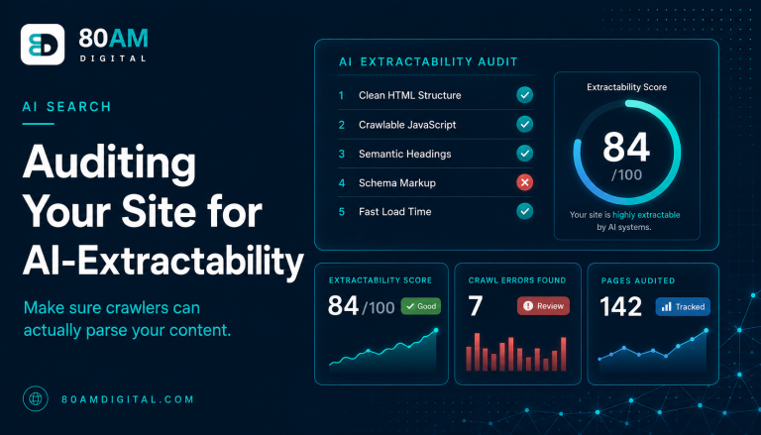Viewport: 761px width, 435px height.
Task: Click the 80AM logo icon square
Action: tap(43, 45)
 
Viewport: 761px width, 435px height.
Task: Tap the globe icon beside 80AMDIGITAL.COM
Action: tap(36, 398)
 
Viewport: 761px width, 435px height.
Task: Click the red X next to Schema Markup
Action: tap(524, 182)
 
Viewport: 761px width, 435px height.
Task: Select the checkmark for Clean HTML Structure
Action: tap(524, 95)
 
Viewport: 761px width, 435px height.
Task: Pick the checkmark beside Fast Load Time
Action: tap(524, 211)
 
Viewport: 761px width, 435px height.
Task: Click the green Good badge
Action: tap(421, 306)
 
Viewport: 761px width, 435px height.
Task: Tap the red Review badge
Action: tap(543, 306)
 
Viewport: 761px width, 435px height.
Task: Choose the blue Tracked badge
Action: tap(683, 307)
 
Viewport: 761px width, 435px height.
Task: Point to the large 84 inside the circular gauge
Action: tap(626, 147)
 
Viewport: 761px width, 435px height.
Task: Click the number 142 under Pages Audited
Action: tap(620, 307)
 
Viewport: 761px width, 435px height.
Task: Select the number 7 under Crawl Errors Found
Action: tap(476, 306)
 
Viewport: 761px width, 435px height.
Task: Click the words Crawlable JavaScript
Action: tap(407, 125)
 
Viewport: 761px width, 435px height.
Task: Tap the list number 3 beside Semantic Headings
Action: tap(342, 154)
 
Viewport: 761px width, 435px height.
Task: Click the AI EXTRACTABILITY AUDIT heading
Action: tap(428, 61)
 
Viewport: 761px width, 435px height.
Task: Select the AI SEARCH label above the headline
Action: tap(67, 107)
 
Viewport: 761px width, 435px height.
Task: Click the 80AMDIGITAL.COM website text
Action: tap(128, 399)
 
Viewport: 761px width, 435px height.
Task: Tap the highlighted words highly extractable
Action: tap(646, 215)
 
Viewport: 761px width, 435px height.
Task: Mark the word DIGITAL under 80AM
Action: tap(113, 58)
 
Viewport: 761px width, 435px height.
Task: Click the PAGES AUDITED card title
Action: tap(638, 280)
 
